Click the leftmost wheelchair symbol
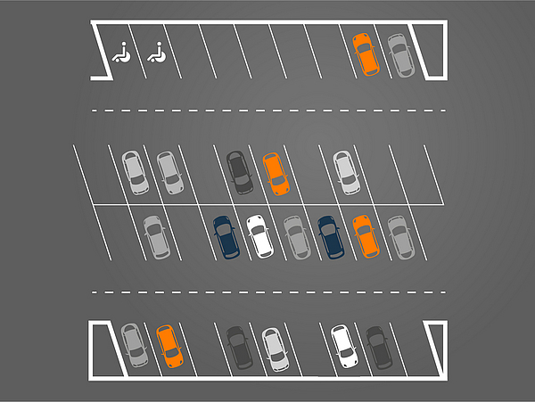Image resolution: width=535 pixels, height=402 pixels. (122, 54)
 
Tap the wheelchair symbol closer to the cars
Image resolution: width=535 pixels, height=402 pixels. (157, 54)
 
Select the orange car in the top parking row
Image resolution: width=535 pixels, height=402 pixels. (365, 55)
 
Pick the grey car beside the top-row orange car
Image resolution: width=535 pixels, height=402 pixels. (399, 55)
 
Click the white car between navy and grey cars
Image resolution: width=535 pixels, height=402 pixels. (259, 236)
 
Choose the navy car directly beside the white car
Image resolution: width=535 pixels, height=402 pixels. (226, 237)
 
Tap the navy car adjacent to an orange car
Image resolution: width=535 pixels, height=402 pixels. (330, 237)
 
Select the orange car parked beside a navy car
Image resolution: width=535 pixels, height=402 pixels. (364, 236)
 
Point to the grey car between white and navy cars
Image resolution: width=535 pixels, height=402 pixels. (296, 237)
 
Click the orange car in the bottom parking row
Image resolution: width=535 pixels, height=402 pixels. (168, 346)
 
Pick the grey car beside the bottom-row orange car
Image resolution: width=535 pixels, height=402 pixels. (133, 346)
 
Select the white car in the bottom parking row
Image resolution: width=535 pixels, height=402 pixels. (342, 347)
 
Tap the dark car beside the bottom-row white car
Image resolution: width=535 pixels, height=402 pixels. (378, 347)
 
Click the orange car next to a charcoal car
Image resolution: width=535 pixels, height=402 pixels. (275, 173)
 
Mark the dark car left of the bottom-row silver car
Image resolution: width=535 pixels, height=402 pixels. (238, 348)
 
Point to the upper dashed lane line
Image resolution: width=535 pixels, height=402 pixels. (267, 111)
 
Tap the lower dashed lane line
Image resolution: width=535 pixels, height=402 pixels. (267, 291)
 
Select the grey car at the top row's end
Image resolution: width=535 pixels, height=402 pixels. (399, 55)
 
